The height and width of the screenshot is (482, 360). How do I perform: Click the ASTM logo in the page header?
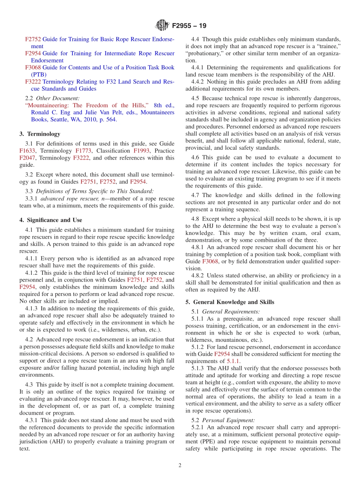[x=162, y=26]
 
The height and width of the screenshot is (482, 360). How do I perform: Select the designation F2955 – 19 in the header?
[x=189, y=26]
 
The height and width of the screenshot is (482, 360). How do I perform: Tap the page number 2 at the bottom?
[x=180, y=465]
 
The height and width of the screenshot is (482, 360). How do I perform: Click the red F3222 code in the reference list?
[x=33, y=82]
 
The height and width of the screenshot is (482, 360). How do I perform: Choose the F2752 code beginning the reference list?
[x=33, y=39]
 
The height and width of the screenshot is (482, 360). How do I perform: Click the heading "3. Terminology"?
[x=40, y=134]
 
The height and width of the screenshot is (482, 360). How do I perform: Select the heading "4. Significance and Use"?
[x=50, y=220]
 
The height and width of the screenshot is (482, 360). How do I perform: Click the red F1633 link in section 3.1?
[x=27, y=151]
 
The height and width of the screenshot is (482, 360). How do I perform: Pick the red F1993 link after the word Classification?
[x=141, y=151]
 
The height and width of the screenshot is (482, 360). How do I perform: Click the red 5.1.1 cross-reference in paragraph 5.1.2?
[x=233, y=361]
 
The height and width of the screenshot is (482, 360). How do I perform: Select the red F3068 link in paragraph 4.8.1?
[x=210, y=261]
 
